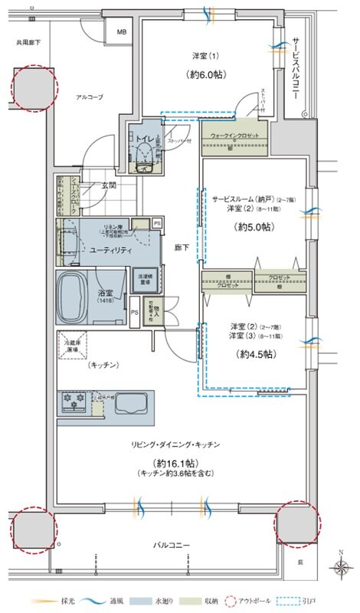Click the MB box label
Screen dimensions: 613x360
[122, 32]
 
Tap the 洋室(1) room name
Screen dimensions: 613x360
[205, 56]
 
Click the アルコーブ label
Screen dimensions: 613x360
[89, 97]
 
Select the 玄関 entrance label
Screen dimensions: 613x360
[107, 185]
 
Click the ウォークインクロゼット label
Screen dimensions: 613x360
[235, 136]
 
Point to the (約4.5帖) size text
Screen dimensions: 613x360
[255, 354]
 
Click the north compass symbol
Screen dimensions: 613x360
[339, 567]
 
